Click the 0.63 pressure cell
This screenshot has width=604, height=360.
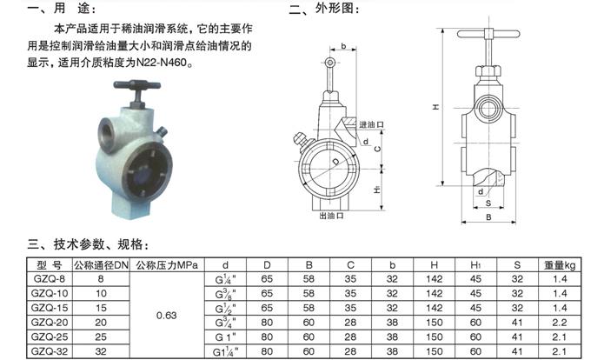click(x=167, y=315)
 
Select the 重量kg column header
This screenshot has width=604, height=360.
click(x=560, y=263)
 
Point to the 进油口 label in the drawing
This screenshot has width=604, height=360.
click(x=370, y=124)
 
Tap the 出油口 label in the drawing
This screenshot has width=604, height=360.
click(x=331, y=215)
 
